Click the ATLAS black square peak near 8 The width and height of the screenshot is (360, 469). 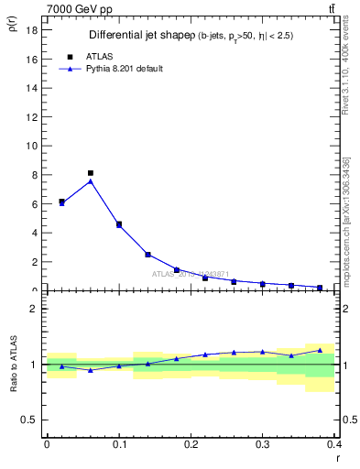[90, 172]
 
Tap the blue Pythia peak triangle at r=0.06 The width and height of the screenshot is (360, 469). [90, 180]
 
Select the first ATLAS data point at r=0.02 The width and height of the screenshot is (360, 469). [61, 201]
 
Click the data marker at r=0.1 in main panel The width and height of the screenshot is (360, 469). [119, 224]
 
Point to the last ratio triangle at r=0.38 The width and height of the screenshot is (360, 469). [320, 350]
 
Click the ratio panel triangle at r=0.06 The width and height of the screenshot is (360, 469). [90, 370]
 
